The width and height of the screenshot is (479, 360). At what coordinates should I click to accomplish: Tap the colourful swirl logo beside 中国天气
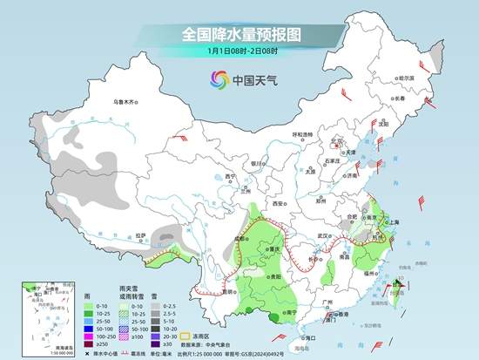coord(216,79)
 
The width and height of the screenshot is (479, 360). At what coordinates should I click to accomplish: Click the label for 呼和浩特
coord(301,134)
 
